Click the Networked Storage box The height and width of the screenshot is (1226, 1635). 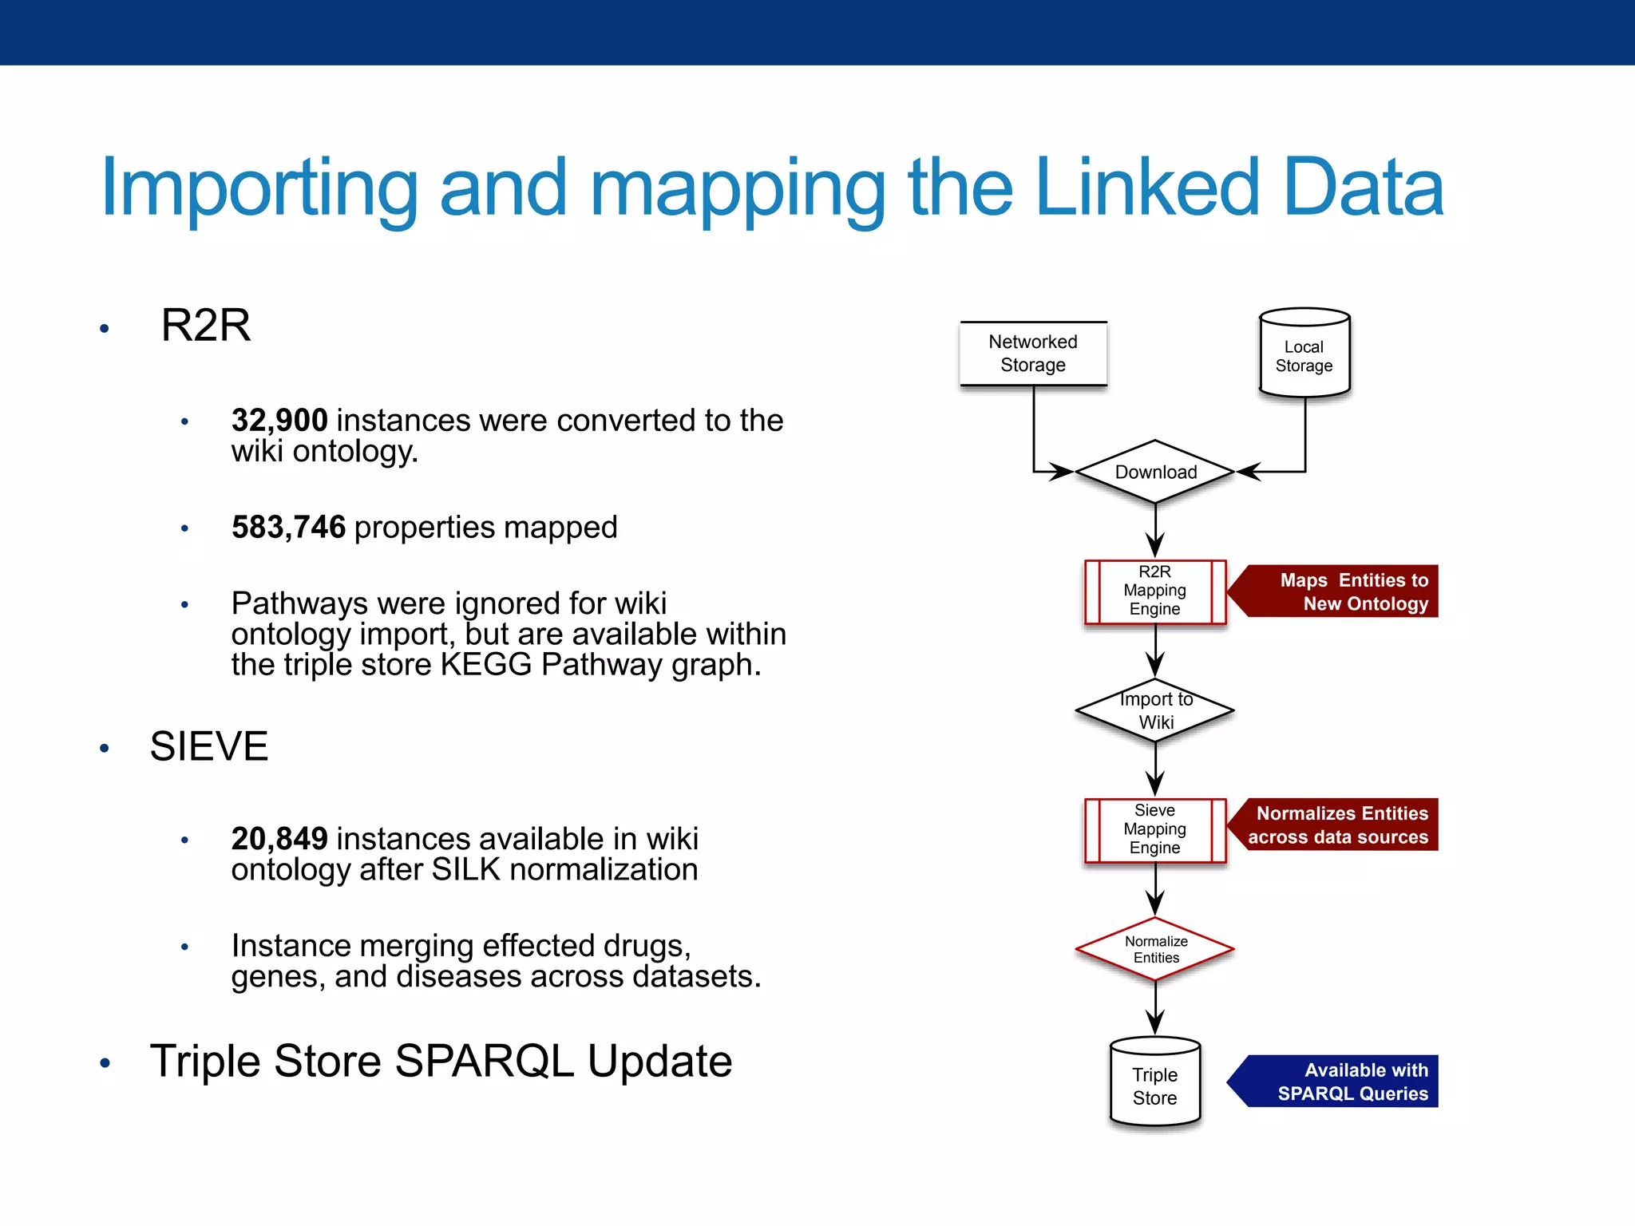pyautogui.click(x=1033, y=354)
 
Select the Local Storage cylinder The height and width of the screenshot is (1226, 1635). pyautogui.click(x=1304, y=354)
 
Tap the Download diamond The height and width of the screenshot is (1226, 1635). pyautogui.click(x=1155, y=472)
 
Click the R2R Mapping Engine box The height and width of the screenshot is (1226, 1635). pyautogui.click(x=1155, y=591)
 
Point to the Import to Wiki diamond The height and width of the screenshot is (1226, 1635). pyautogui.click(x=1155, y=710)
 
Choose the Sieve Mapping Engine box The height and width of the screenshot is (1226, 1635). pyautogui.click(x=1155, y=830)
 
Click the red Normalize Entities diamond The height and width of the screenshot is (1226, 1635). pyautogui.click(x=1155, y=950)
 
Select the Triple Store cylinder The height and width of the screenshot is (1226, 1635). pyautogui.click(x=1155, y=1084)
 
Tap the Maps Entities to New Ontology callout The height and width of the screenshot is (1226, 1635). pyautogui.click(x=1341, y=591)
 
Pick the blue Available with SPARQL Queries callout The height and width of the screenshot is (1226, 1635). pyautogui.click(x=1341, y=1082)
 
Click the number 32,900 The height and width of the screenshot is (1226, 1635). pyautogui.click(x=279, y=421)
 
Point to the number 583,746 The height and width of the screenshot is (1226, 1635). pyautogui.click(x=288, y=528)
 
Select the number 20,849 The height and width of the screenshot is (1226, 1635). pyautogui.click(x=279, y=839)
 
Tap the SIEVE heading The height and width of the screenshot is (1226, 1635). pyautogui.click(x=209, y=747)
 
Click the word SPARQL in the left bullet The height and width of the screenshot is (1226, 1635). pyautogui.click(x=485, y=1062)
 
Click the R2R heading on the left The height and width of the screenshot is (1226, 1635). pyautogui.click(x=206, y=326)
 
